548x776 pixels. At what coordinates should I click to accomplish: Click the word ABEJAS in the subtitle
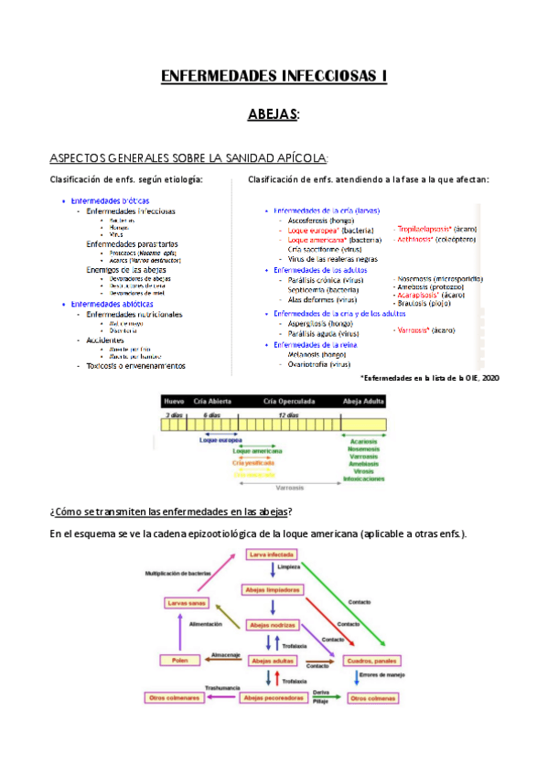tap(272, 114)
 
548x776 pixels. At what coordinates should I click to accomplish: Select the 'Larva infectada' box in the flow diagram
tap(270, 555)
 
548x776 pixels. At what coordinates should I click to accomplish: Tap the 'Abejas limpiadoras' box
tap(272, 590)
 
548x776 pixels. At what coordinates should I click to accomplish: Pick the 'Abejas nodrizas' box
tap(272, 625)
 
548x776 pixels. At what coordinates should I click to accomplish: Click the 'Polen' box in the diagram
tap(179, 660)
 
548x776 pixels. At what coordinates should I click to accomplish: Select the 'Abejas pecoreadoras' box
tap(272, 698)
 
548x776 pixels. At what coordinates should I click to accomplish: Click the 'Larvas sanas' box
tap(186, 603)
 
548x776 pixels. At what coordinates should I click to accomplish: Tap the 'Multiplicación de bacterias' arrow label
tap(181, 575)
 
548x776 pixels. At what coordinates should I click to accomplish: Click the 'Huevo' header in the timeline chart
tap(174, 401)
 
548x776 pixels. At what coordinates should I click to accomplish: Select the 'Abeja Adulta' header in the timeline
tap(363, 401)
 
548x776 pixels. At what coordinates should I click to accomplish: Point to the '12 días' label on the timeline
tap(289, 415)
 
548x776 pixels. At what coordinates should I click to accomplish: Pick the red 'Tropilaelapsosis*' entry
tap(426, 229)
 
